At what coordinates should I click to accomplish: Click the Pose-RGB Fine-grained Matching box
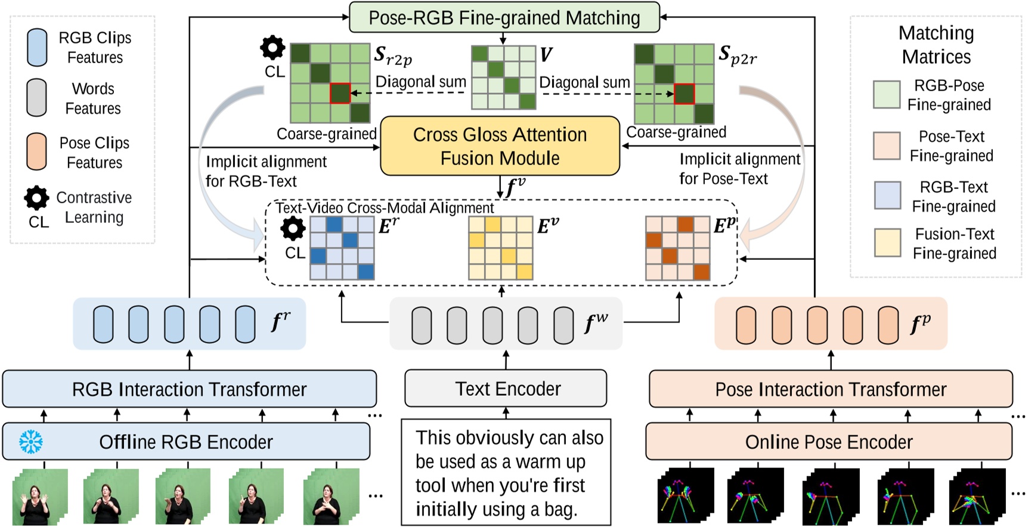[504, 17]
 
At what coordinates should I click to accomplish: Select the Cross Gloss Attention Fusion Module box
[500, 146]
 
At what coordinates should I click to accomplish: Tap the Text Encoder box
[506, 389]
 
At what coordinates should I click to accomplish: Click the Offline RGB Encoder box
[186, 442]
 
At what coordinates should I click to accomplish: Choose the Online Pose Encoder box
[829, 442]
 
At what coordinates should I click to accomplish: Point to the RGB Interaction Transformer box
[189, 389]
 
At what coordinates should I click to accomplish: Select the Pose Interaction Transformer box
[831, 389]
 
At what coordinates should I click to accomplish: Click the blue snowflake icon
[30, 442]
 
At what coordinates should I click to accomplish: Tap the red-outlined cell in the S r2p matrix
[340, 94]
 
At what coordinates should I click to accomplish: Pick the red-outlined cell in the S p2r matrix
[684, 94]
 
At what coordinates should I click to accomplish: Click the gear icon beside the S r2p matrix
[273, 48]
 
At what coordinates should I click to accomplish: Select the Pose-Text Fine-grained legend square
[886, 145]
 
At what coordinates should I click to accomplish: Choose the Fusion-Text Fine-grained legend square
[887, 242]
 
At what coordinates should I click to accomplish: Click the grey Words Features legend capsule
[37, 98]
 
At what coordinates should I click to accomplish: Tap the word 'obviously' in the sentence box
[488, 438]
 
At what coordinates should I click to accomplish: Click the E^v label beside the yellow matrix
[547, 226]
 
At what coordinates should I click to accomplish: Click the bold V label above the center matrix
[546, 55]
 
